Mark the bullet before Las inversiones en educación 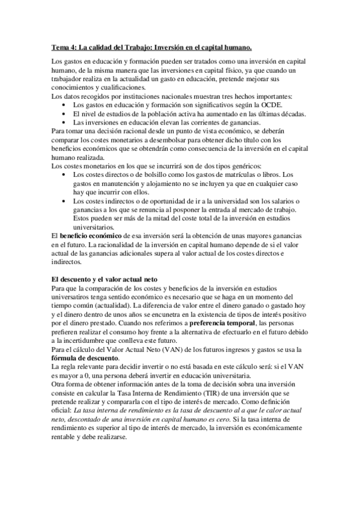coord(64,123)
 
